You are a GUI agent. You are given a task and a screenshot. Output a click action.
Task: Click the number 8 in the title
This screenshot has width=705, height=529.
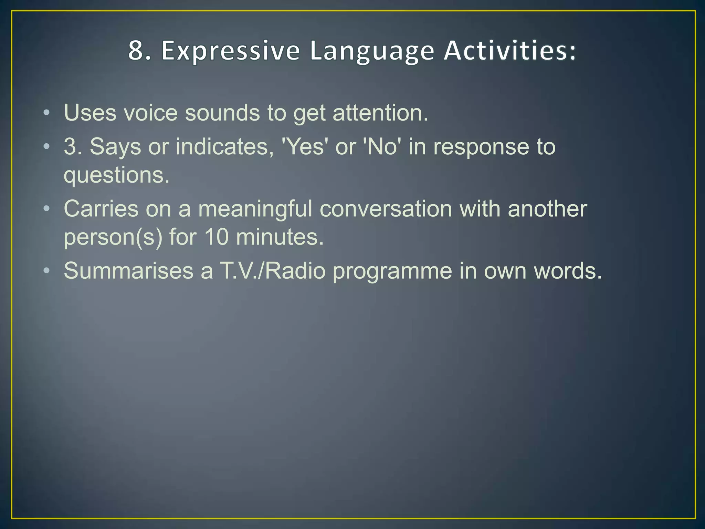coord(135,51)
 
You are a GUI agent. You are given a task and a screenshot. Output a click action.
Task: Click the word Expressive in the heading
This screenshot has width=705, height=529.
coord(230,51)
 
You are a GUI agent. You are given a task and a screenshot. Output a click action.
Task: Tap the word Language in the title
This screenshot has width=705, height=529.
coord(372,51)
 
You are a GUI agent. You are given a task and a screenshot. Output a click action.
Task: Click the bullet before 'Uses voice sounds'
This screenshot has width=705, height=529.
coord(46,113)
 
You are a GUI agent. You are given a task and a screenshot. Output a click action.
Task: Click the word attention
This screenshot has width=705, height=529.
coord(380,113)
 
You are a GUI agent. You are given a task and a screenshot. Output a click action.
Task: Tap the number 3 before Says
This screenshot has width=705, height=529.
coord(70,147)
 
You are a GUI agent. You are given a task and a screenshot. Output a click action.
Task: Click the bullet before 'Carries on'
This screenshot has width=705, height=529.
coord(46,208)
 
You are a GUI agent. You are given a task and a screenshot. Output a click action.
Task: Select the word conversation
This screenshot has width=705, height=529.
coord(386,209)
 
